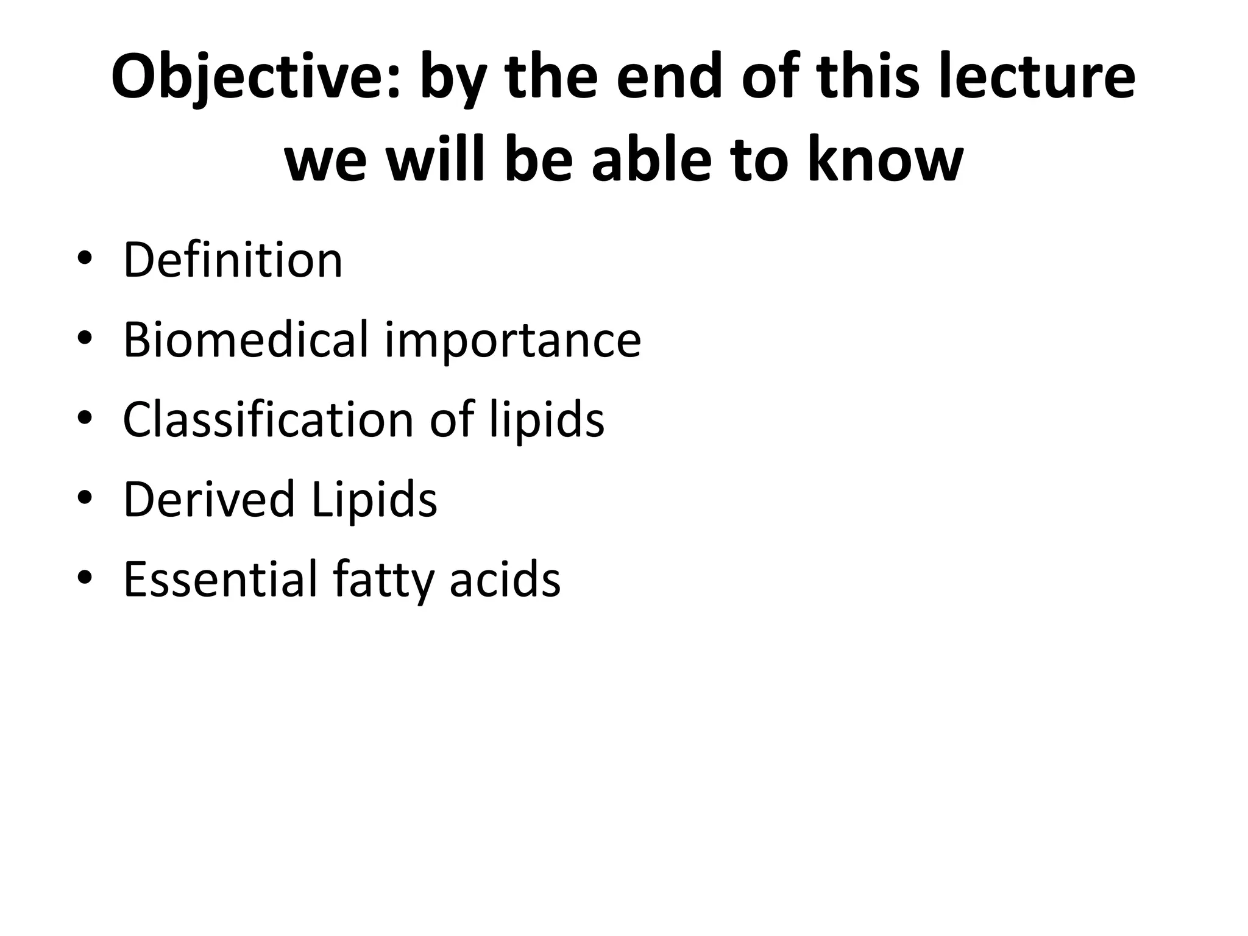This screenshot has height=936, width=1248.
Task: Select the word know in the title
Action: (885, 160)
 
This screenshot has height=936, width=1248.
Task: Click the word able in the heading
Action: (651, 159)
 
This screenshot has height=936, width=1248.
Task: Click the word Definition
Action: (233, 260)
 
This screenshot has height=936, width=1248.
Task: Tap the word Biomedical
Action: (246, 339)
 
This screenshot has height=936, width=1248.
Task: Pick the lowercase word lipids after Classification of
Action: (547, 420)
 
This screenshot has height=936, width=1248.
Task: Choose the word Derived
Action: (209, 499)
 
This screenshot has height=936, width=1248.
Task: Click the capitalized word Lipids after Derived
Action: (374, 500)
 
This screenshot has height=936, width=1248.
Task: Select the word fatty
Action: (383, 581)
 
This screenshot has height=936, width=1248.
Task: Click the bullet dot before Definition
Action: (84, 259)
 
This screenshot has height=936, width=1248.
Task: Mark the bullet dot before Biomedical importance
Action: (84, 338)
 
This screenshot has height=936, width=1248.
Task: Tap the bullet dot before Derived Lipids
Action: (84, 498)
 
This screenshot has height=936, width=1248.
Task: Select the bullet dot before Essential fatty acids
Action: (84, 578)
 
